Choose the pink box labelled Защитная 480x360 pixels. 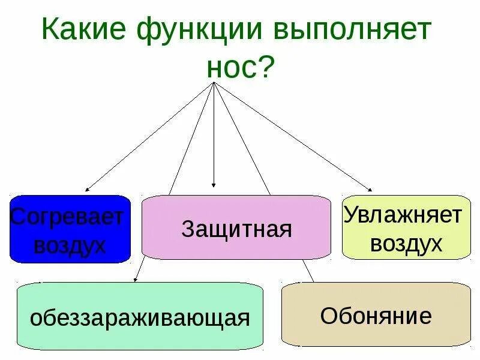click(x=236, y=228)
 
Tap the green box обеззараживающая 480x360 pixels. click(x=140, y=316)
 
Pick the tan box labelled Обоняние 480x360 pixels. click(x=376, y=315)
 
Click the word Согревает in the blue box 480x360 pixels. click(x=67, y=216)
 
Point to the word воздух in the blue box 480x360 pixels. click(x=70, y=245)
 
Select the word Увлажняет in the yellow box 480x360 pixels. click(x=403, y=214)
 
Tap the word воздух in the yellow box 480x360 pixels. click(x=406, y=243)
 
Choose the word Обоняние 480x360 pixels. click(x=376, y=316)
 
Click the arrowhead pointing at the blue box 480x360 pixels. click(x=88, y=188)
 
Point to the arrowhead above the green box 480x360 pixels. click(x=137, y=278)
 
